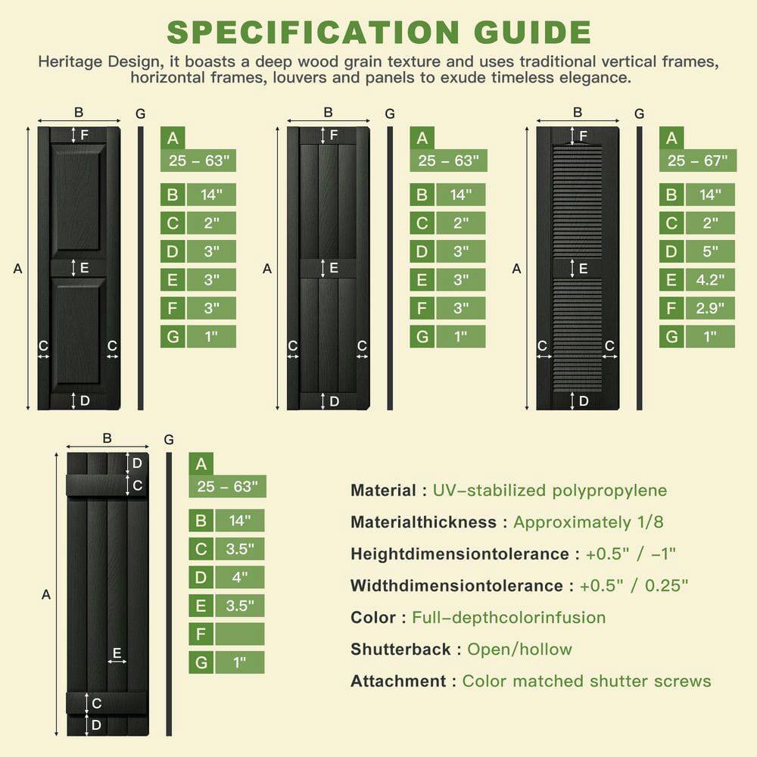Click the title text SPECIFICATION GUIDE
(x=378, y=32)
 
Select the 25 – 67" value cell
(x=697, y=160)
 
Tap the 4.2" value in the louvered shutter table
(x=710, y=280)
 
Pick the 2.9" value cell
(x=710, y=308)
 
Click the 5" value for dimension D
(x=710, y=251)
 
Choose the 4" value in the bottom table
(x=239, y=577)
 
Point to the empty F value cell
(x=239, y=634)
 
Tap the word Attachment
(x=398, y=681)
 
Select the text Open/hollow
(x=519, y=650)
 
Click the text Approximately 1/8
(x=583, y=522)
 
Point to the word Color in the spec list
(x=373, y=618)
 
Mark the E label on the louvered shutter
(x=584, y=268)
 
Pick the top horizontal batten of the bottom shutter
(x=106, y=485)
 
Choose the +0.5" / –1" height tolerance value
(x=631, y=554)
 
